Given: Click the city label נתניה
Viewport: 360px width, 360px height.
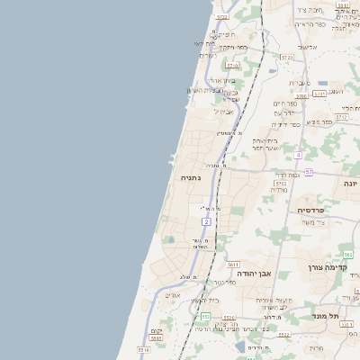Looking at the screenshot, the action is [192, 178].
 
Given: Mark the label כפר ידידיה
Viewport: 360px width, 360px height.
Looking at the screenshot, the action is [286, 124].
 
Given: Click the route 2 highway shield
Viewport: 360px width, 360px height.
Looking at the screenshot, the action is [206, 220].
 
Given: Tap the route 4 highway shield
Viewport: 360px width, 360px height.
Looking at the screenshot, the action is [297, 156].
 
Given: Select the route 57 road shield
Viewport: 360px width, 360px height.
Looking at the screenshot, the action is [309, 172].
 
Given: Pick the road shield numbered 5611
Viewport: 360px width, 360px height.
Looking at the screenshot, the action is [233, 265].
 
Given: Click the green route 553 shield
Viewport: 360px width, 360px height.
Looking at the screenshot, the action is [205, 317].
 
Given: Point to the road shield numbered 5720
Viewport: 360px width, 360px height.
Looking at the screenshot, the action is [287, 56].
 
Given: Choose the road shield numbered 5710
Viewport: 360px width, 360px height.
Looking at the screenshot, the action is [230, 65].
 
